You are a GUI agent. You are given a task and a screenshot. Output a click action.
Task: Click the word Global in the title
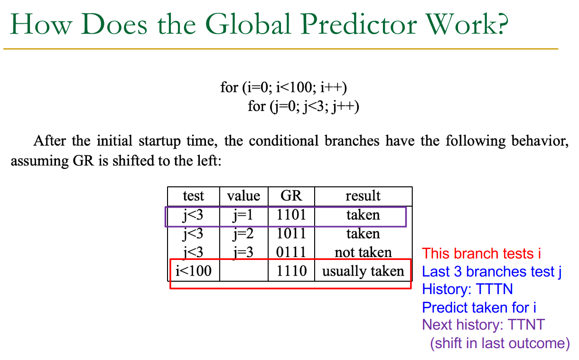click(x=248, y=24)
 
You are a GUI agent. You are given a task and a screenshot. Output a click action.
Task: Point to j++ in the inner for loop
click(x=346, y=106)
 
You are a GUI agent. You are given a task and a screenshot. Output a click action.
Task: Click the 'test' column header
click(x=193, y=196)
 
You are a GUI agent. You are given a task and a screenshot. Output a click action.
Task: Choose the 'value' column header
click(x=243, y=196)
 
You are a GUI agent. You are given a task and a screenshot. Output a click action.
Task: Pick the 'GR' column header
click(x=291, y=196)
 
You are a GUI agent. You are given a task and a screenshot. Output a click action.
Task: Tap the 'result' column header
click(x=363, y=196)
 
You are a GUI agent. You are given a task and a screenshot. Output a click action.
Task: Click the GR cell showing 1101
click(x=291, y=214)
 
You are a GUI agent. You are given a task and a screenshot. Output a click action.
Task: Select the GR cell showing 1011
click(x=291, y=233)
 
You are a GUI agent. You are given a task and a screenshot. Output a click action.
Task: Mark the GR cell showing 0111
click(x=291, y=252)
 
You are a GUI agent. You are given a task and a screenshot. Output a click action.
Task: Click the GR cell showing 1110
click(x=291, y=271)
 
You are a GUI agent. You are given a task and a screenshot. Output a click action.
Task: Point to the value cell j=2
click(x=243, y=234)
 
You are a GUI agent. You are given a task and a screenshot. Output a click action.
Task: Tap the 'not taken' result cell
click(x=363, y=252)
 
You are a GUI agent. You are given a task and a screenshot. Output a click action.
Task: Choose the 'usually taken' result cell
click(x=363, y=271)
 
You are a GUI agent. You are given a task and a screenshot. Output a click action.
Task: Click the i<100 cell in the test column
click(x=193, y=271)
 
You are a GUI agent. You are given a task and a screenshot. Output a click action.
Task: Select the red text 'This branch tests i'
click(x=481, y=253)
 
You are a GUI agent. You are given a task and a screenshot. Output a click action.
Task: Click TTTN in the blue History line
click(x=494, y=289)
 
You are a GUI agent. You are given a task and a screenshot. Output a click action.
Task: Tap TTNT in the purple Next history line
click(x=526, y=324)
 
